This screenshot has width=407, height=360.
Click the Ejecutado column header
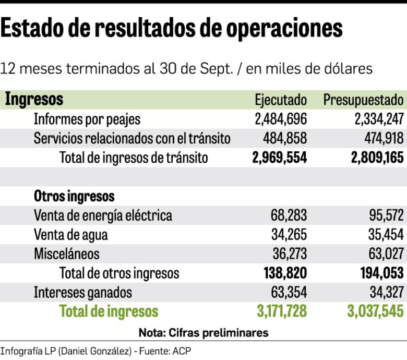tap(281, 100)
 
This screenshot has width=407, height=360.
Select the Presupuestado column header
tap(363, 100)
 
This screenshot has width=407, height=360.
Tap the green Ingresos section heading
tap(34, 99)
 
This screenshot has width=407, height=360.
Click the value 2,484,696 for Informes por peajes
tap(281, 119)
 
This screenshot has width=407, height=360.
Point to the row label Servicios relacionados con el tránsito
tap(132, 138)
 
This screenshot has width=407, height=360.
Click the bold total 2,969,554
tap(279, 158)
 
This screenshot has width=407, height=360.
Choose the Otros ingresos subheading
tap(74, 196)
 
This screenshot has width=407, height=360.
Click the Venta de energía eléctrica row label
tap(103, 215)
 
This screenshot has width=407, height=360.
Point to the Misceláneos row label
tap(66, 254)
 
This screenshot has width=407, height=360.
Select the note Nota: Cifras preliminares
tap(203, 332)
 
